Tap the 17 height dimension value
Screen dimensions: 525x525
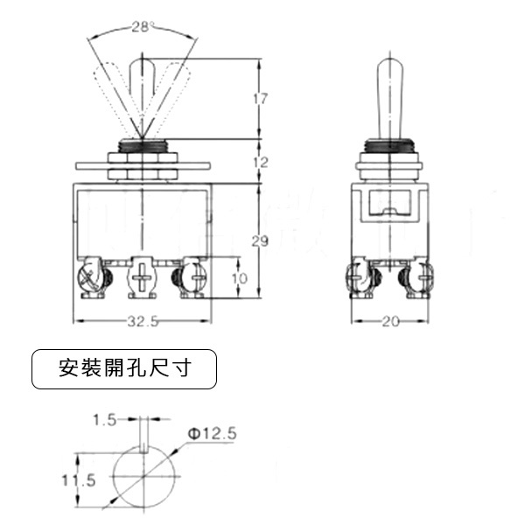point(260,99)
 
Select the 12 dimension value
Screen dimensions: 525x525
point(260,162)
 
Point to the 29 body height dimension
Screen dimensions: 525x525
point(260,241)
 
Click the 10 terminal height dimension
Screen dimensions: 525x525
point(240,278)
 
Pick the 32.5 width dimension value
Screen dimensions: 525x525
point(142,321)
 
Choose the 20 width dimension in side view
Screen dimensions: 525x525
point(390,321)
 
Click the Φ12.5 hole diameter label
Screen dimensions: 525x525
point(212,433)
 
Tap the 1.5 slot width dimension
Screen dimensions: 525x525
point(104,420)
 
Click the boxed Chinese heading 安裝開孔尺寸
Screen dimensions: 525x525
point(123,369)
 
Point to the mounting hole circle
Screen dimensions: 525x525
point(141,479)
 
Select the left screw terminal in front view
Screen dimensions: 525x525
point(91,279)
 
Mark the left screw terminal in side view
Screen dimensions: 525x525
point(362,279)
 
